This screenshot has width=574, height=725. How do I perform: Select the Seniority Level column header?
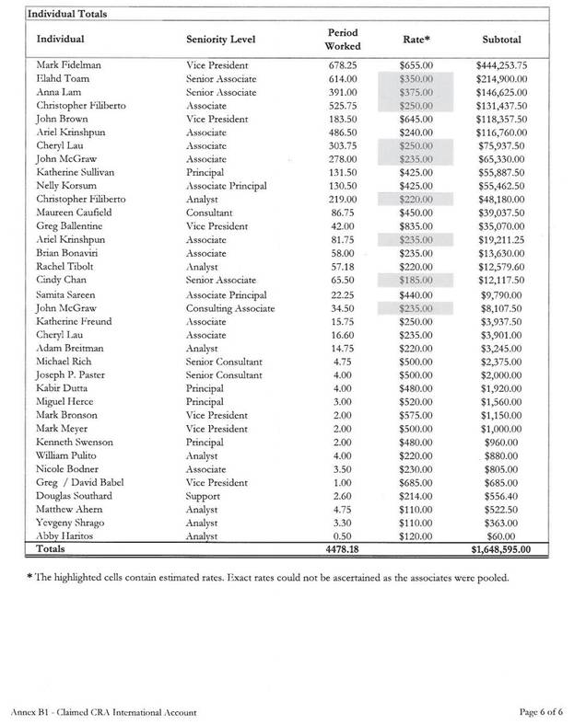click(x=220, y=40)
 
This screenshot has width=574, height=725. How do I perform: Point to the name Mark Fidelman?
click(x=69, y=66)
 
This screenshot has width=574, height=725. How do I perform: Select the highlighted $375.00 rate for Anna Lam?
click(x=416, y=93)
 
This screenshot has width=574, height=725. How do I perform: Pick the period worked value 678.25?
click(x=343, y=66)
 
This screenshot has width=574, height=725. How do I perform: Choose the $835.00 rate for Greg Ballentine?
click(x=416, y=226)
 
